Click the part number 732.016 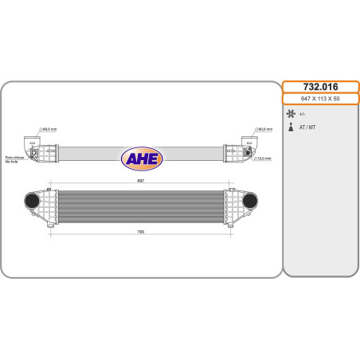pyautogui.click(x=321, y=86)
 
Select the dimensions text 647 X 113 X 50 pyautogui.click(x=321, y=100)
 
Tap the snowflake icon pyautogui.click(x=291, y=114)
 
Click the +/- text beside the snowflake pyautogui.click(x=302, y=114)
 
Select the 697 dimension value pyautogui.click(x=141, y=181)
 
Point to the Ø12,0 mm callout pyautogui.click(x=263, y=158)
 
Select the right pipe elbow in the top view pyautogui.click(x=248, y=144)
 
